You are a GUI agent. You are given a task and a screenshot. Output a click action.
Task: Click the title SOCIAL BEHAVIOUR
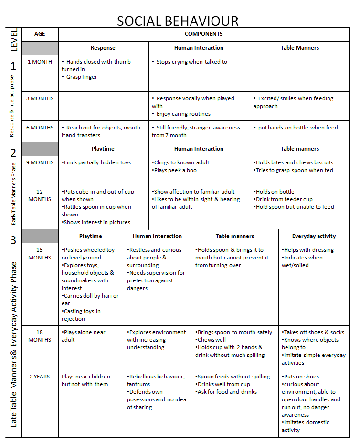(x=178, y=21)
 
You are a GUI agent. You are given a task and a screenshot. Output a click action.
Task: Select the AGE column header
(x=40, y=34)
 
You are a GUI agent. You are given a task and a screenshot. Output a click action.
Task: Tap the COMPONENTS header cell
(x=203, y=34)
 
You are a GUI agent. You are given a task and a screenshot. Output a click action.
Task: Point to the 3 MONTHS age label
(x=40, y=98)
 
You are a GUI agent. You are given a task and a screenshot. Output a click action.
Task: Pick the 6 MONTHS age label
(x=40, y=128)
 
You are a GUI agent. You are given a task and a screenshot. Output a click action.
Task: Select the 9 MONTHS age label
(x=40, y=162)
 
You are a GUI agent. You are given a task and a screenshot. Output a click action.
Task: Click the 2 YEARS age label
(x=40, y=377)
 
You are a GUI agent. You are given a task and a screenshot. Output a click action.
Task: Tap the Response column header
(x=103, y=48)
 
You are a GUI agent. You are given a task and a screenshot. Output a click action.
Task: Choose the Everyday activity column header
(x=314, y=236)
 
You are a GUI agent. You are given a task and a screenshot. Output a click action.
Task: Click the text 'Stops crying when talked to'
(x=191, y=62)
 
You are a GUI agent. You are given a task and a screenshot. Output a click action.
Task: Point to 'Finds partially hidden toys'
(x=96, y=162)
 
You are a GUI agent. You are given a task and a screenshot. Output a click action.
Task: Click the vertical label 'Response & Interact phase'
(x=13, y=106)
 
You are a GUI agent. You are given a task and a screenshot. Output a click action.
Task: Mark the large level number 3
(x=13, y=240)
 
